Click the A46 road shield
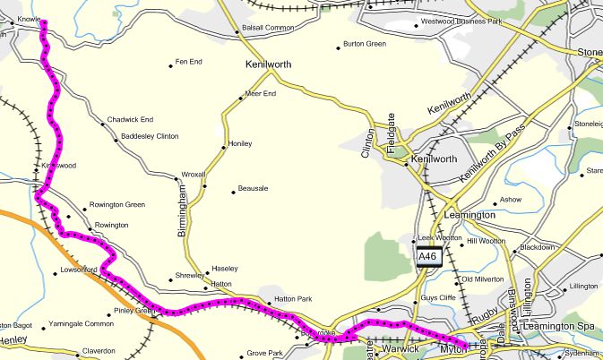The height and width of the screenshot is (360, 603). click(x=428, y=257)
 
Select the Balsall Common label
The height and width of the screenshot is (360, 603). click(x=268, y=28)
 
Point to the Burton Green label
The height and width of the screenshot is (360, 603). click(x=365, y=43)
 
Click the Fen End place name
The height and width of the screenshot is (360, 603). click(x=189, y=62)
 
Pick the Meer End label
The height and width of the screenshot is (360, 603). click(x=260, y=93)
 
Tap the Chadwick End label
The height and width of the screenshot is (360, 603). click(x=130, y=119)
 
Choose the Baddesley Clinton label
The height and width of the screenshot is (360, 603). click(x=150, y=136)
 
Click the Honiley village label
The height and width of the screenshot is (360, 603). click(x=241, y=143)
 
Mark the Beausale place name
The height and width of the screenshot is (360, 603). click(x=254, y=190)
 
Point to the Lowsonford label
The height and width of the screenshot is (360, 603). click(x=78, y=269)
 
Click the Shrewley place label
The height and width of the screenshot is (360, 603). click(x=189, y=276)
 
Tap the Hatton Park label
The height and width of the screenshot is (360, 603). click(x=292, y=298)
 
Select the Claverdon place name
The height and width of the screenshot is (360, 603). click(x=99, y=350)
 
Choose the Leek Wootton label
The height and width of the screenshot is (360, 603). click(x=438, y=238)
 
